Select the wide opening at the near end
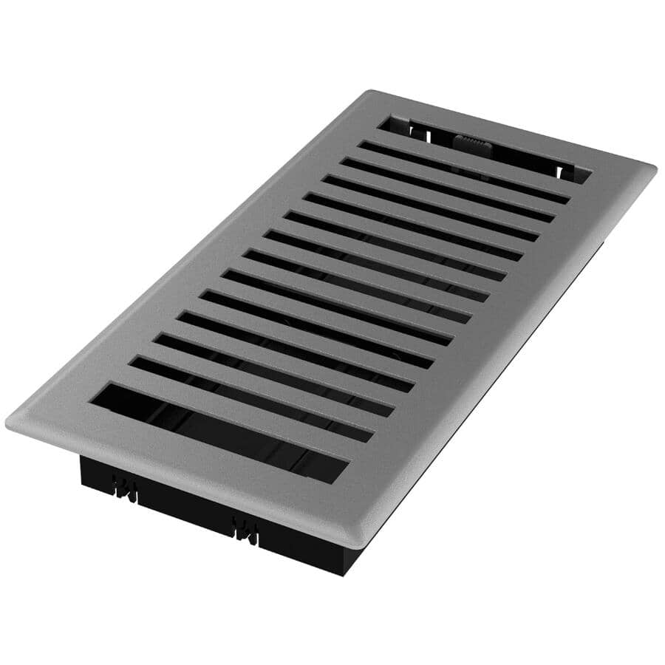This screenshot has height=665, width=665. [x=219, y=433]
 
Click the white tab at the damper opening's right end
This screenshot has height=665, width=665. [x=566, y=172]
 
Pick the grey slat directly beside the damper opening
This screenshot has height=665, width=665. [x=473, y=159]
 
